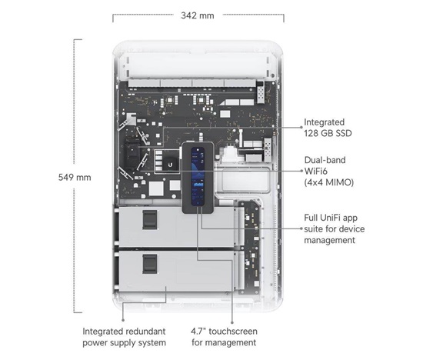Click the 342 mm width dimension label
point(198,15)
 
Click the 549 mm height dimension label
point(75,177)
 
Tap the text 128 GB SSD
point(328,133)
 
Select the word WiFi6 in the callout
point(315,171)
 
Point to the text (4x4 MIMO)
point(329,182)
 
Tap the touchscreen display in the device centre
point(198,176)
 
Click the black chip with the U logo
point(170,164)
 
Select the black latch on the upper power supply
point(150,220)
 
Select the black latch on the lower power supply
point(150,264)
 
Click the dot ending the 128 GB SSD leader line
point(301,127)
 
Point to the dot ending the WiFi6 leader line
point(301,171)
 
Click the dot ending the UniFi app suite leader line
point(301,228)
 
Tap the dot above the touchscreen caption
point(232,322)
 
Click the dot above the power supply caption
point(123,320)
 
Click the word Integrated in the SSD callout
point(324,122)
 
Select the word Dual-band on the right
point(325,160)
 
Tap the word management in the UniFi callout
point(329,240)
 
